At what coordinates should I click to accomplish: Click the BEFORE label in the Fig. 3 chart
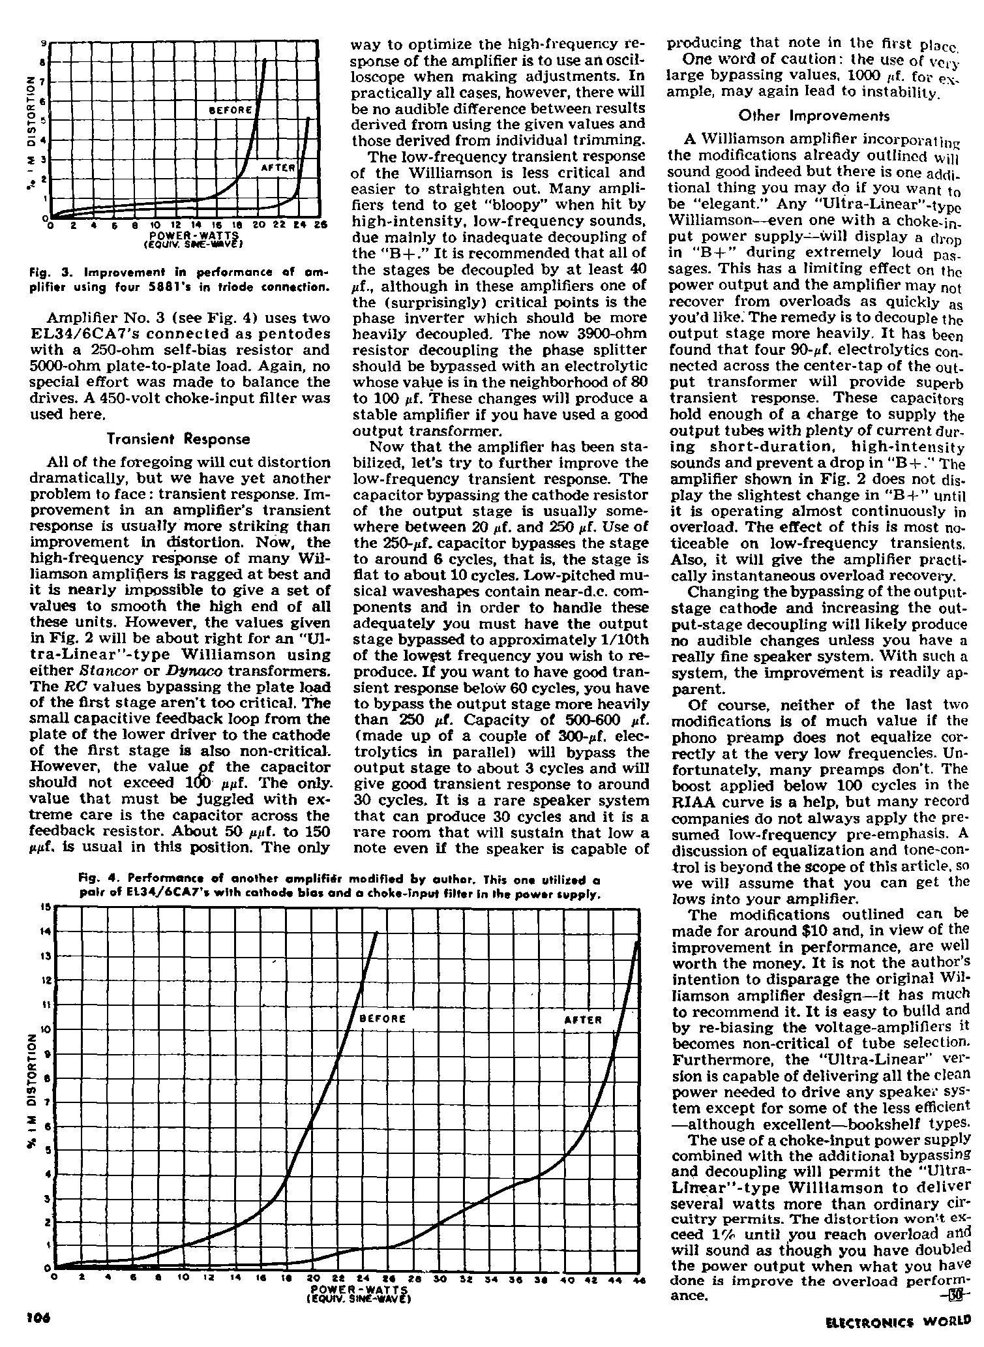(230, 110)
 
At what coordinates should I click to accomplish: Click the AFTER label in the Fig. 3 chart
(279, 167)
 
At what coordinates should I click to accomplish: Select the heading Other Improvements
(814, 116)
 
